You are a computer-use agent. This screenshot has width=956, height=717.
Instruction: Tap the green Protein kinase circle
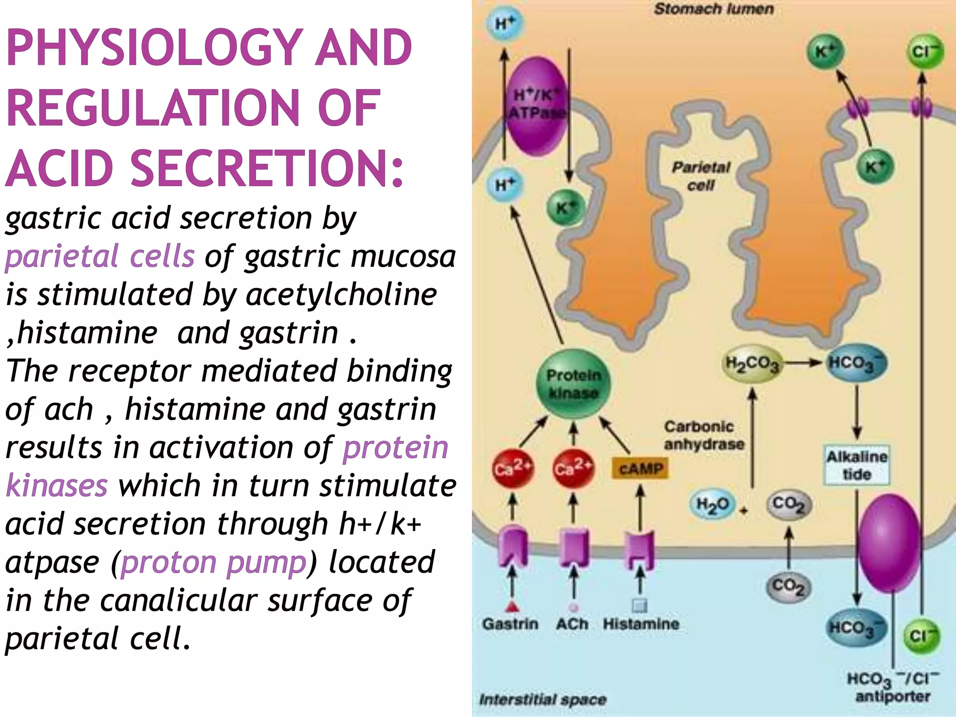pos(573,384)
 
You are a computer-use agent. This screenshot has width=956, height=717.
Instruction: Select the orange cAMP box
pos(640,468)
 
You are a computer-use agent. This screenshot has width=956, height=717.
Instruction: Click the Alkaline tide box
pos(857,465)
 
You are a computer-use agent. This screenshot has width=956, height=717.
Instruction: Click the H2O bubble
pos(712,504)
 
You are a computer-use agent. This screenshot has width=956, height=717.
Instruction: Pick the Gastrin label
pos(510,624)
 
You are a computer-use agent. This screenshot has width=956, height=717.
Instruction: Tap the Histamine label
pos(641,624)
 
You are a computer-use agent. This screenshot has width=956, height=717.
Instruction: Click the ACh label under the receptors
pos(572,624)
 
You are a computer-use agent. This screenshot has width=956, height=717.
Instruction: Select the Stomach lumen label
pos(713,9)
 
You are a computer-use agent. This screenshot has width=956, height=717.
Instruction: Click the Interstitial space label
pos(542,699)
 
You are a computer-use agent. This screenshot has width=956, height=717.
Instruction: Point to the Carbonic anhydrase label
pos(704,435)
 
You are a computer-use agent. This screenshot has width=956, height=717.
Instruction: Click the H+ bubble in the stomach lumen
pos(504,24)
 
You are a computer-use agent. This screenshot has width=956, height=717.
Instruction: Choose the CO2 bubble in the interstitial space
pos(788,586)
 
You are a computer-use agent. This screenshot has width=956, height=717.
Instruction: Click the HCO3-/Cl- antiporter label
pos(893,687)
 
